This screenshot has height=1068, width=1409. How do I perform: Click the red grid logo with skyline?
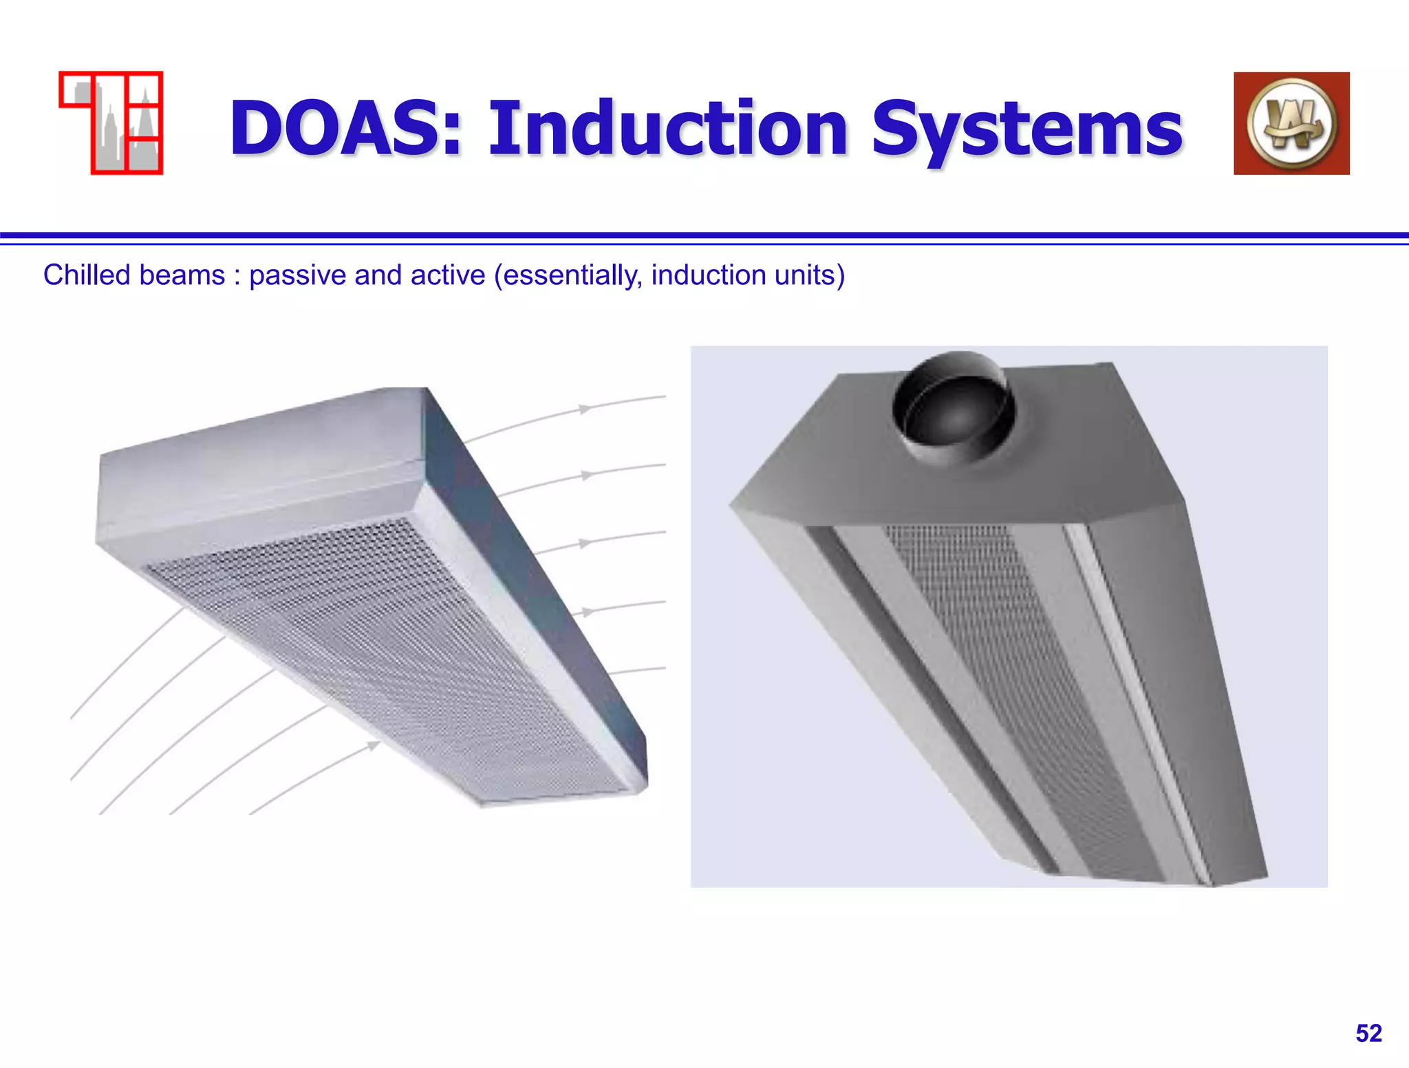111,122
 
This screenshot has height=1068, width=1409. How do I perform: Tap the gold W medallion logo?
1291,123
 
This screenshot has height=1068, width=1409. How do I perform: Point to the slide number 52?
1368,1034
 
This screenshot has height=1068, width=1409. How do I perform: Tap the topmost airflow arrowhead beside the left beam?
585,409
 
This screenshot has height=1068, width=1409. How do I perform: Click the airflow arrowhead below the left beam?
373,745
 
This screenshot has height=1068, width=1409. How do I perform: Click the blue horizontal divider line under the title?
704,236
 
